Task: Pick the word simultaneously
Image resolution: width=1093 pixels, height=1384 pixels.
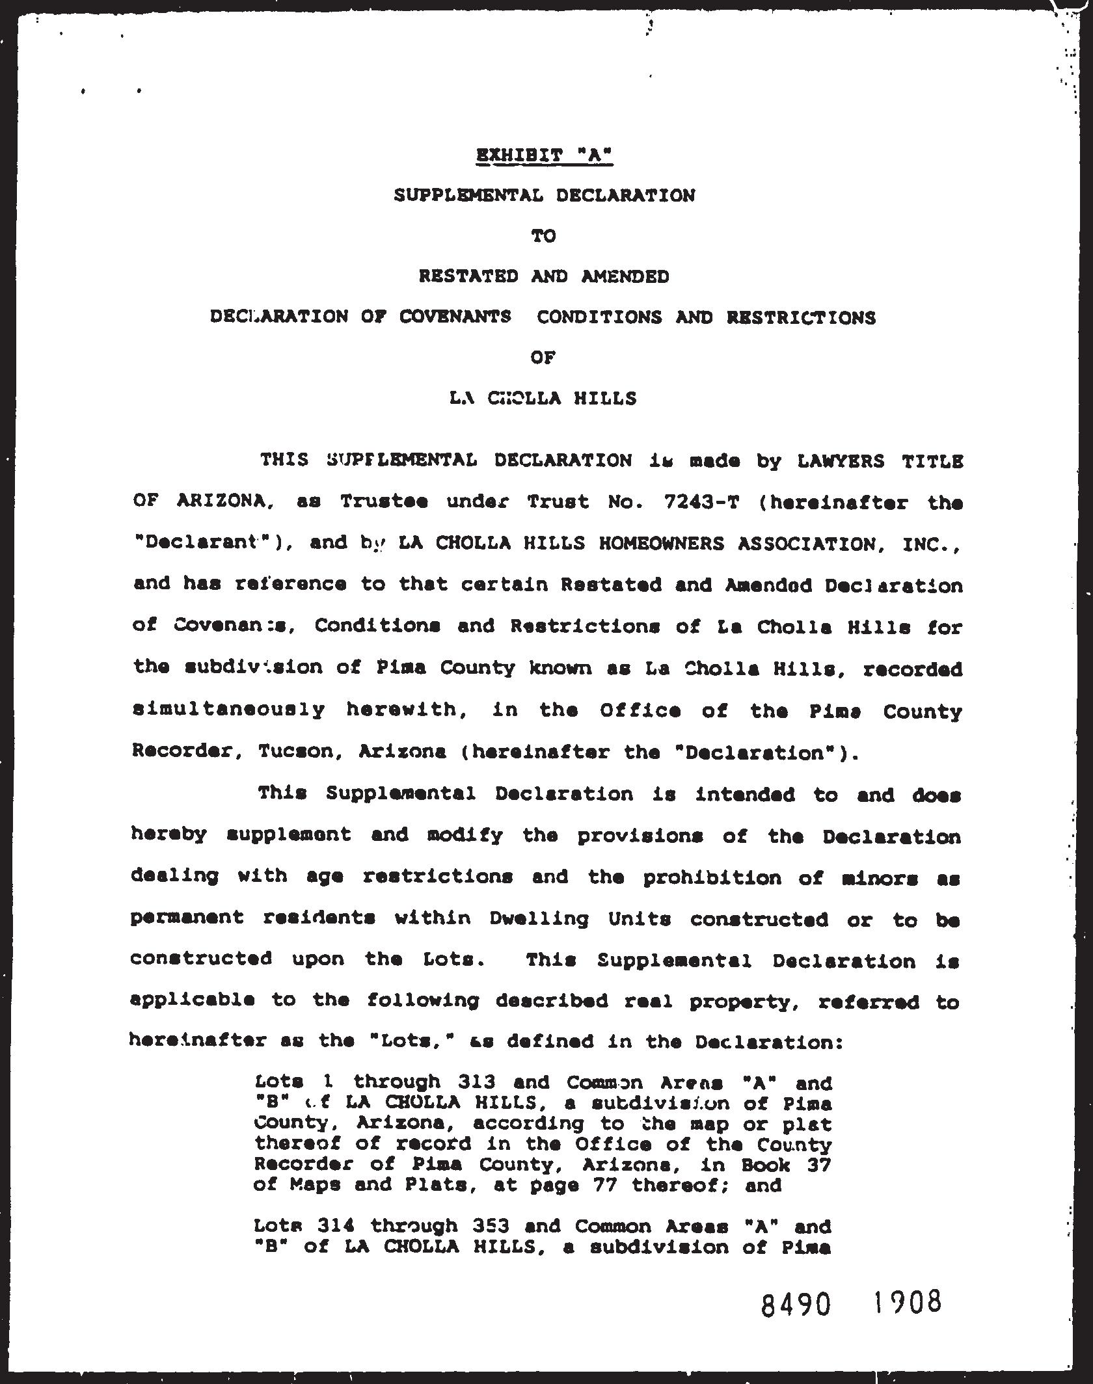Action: tap(228, 710)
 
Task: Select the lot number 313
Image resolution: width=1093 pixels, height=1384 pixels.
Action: tap(477, 1082)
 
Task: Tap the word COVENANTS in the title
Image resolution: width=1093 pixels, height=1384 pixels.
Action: tap(455, 317)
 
